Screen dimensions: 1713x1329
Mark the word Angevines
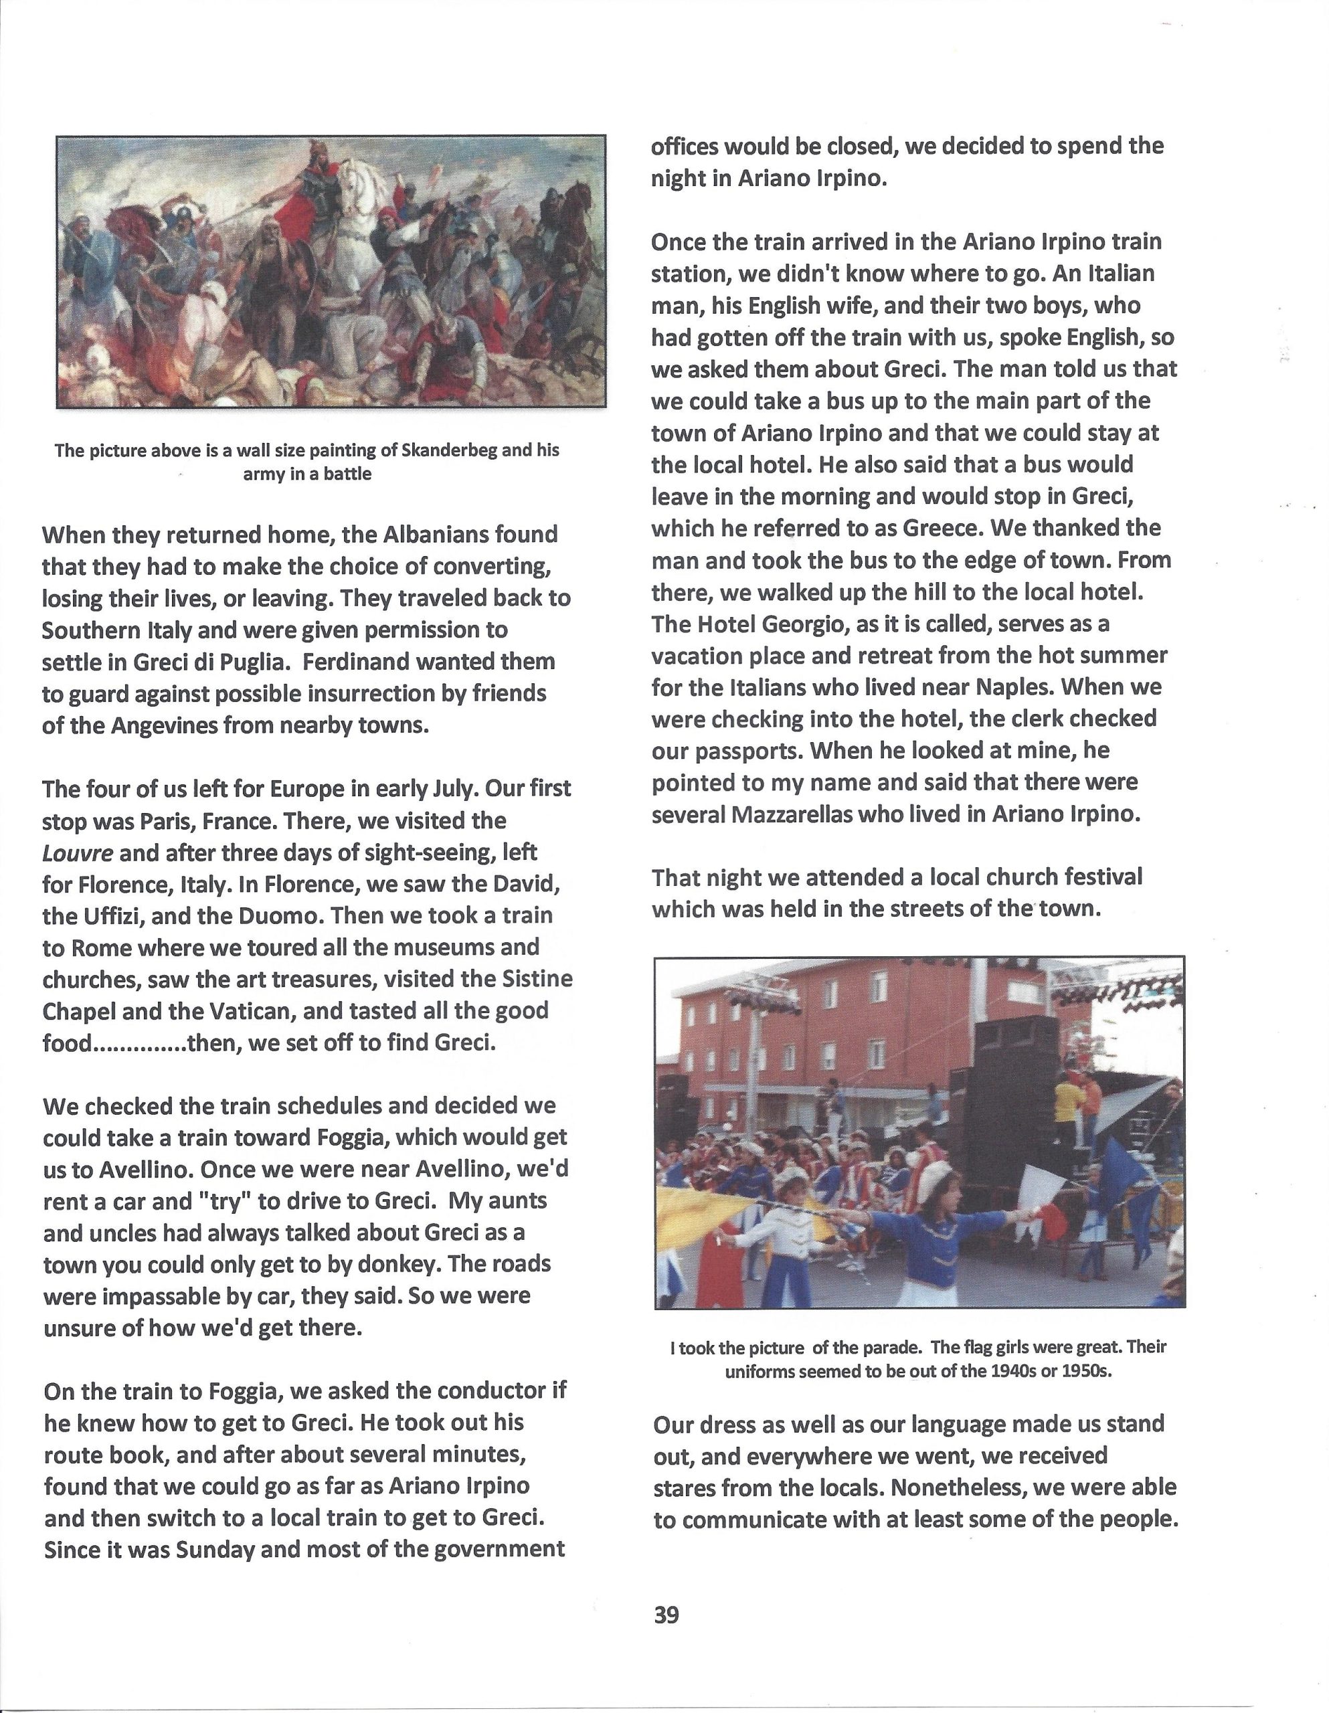point(164,725)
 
